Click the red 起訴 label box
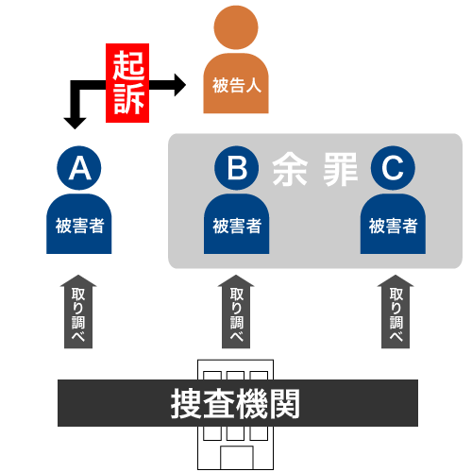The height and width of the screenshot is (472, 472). coord(127,83)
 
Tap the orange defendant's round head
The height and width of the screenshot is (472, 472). coord(236,27)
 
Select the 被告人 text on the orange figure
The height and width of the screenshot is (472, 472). coord(237,85)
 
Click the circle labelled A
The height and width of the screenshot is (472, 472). coord(79,168)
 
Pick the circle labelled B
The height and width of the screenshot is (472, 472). coord(237,168)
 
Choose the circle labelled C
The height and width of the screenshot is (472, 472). coord(393,168)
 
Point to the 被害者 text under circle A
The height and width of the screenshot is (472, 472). coord(79,226)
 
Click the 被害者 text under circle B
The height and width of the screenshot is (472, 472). coord(237,226)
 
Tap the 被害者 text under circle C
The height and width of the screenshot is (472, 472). coord(394,226)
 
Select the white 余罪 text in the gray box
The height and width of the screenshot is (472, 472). coord(315,169)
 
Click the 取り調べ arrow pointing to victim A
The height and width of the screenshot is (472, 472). coord(78,312)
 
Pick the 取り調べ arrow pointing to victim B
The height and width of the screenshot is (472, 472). coord(236,312)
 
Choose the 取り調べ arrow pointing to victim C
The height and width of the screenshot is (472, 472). coord(396,312)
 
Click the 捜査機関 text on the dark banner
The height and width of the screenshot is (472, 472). coord(235,403)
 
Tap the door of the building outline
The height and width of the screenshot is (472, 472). coord(237,458)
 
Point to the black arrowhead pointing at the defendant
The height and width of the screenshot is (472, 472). coord(180,85)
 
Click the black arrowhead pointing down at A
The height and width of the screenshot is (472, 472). coord(75,124)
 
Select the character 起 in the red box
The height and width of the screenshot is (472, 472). coord(128,65)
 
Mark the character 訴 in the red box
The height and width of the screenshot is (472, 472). coord(128,99)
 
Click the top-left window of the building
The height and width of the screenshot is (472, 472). coord(212,376)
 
